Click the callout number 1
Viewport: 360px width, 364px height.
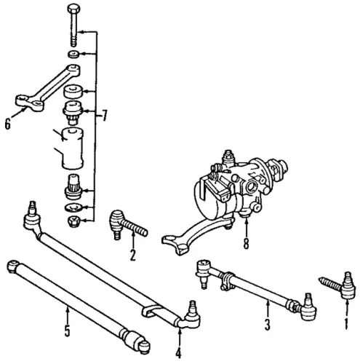[x=346, y=324]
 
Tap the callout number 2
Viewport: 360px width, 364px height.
[x=133, y=255]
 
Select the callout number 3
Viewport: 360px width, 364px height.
[x=267, y=324]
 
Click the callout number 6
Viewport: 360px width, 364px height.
[x=8, y=124]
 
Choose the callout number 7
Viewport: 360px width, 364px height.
[x=104, y=116]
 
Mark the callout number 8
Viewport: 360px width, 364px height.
[x=246, y=243]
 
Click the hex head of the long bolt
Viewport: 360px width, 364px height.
[x=73, y=9]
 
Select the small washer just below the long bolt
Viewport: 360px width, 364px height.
[x=73, y=54]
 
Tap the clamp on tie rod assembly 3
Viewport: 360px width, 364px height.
[x=228, y=281]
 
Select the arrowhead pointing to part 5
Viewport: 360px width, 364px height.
[x=68, y=309]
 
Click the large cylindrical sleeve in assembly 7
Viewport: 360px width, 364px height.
[x=72, y=149]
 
